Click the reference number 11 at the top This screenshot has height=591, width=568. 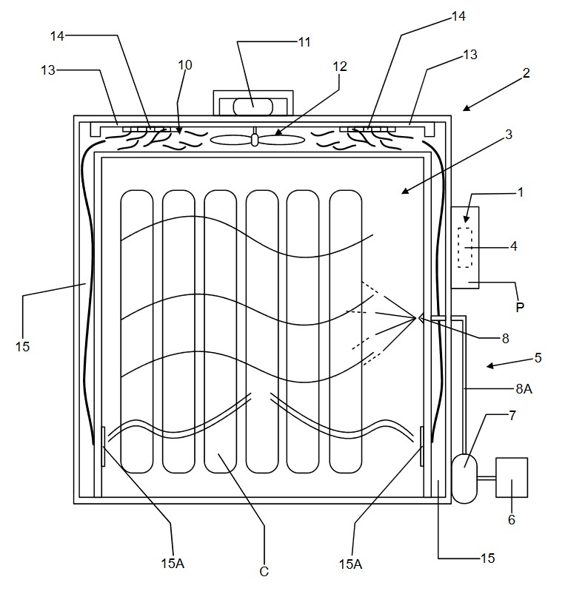pos(304,42)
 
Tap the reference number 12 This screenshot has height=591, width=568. pos(340,67)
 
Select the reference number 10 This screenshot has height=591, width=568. pos(185,65)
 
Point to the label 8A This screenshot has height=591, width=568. pos(524,388)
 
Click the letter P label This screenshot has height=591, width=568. pos(520,307)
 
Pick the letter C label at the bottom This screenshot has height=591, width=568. pos(264,572)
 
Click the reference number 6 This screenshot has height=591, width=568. pos(512,520)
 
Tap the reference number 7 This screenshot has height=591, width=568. pos(512,416)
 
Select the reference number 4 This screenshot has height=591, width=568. pos(513,246)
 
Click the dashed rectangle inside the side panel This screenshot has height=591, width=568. pos(465,248)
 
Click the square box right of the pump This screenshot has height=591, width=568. pos(512,478)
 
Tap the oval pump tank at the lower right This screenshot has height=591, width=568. pos(464,479)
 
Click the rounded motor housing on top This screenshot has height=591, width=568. pos(253,107)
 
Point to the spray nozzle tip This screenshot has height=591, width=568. pos(416,319)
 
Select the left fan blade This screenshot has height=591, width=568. pos(231,140)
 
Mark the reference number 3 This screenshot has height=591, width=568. pos(508,135)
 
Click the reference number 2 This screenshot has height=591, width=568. pos(526,72)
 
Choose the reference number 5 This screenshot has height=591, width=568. pos(538,357)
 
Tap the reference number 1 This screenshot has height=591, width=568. pos(521,192)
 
